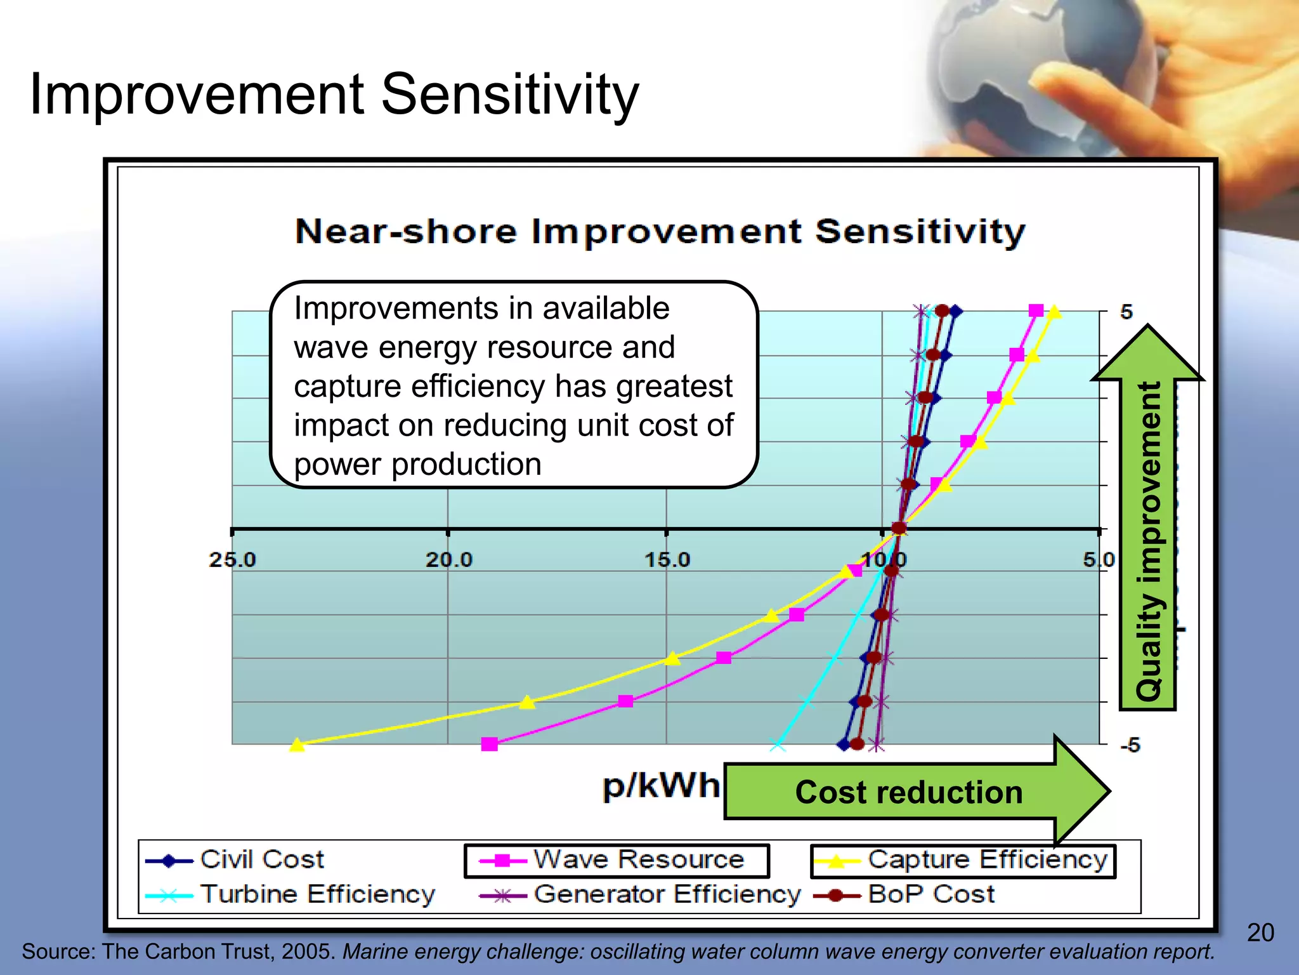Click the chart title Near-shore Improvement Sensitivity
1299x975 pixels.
660,232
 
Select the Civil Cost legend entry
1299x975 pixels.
261,859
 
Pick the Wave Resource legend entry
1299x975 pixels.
638,859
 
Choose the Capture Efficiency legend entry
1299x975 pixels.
987,859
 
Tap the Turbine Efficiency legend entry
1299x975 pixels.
317,894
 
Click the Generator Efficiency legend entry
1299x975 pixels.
667,894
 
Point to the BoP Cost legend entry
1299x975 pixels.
930,894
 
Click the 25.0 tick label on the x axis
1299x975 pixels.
232,560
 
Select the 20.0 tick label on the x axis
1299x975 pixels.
448,560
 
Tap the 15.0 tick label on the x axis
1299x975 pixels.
667,560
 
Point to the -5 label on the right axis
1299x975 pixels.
1130,745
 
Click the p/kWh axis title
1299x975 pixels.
661,786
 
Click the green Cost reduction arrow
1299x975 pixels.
908,792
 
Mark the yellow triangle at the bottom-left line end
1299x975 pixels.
297,745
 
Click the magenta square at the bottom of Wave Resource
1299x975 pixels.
489,744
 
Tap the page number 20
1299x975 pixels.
1260,932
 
